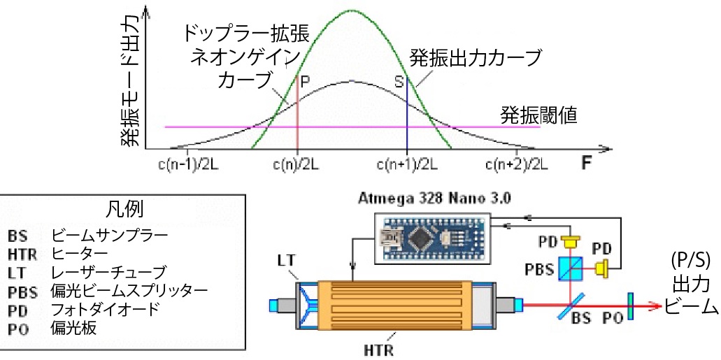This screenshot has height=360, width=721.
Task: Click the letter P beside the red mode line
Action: tap(304, 81)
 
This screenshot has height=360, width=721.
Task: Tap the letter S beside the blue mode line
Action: tap(399, 81)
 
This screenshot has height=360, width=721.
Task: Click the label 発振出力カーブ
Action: tap(476, 55)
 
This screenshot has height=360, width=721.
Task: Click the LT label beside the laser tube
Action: tap(287, 260)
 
